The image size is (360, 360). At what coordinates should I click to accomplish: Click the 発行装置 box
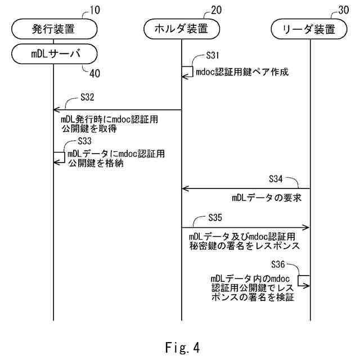(x=53, y=28)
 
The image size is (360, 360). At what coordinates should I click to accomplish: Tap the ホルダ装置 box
(x=181, y=28)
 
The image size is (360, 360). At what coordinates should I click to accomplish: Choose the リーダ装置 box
(x=310, y=28)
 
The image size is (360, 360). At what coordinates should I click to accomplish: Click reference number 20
(x=217, y=10)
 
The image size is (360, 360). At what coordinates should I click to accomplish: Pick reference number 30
(x=344, y=10)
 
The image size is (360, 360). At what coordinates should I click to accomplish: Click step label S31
(x=213, y=55)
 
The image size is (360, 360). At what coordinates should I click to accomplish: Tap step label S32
(x=87, y=96)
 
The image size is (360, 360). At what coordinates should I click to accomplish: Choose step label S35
(x=215, y=216)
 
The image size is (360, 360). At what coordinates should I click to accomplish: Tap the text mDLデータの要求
(x=263, y=198)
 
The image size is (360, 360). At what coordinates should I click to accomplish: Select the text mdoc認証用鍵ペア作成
(x=242, y=72)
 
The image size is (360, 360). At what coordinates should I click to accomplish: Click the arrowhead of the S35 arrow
(x=307, y=227)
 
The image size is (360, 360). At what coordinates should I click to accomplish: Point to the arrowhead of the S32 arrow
(x=56, y=110)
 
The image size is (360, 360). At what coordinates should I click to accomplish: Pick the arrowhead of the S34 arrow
(x=184, y=189)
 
